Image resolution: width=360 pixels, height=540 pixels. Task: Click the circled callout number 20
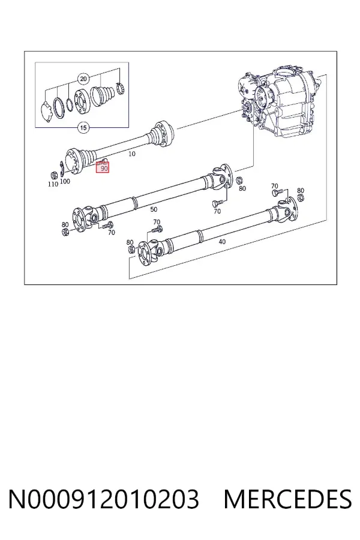pos(83,79)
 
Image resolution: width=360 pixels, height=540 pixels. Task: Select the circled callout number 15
pos(83,128)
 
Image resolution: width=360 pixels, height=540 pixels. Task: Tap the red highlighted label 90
pos(103,167)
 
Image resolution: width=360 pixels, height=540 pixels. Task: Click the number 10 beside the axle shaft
pos(132,154)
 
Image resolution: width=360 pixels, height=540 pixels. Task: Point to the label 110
pos(53,184)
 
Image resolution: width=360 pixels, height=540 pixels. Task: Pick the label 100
pos(65,181)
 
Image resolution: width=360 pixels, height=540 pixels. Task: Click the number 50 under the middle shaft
pos(154,209)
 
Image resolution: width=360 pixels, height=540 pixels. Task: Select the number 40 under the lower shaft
pos(222,242)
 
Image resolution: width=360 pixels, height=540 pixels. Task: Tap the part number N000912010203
pos(103,499)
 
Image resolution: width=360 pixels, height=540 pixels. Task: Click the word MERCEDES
pos(287,499)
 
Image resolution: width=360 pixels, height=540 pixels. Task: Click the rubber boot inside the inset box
pos(103,95)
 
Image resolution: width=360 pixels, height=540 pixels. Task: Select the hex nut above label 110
pos(53,173)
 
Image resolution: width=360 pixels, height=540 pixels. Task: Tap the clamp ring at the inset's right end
pos(120,88)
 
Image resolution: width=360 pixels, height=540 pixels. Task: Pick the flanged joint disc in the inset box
pos(82,101)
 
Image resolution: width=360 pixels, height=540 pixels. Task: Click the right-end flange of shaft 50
pos(224,176)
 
